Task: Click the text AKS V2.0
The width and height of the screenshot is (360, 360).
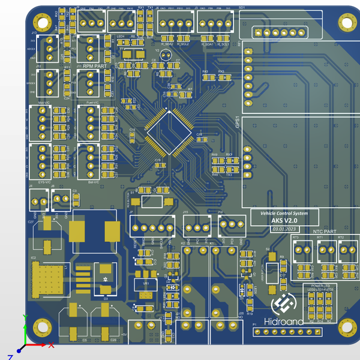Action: click(284, 221)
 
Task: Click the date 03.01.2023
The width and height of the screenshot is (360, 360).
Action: click(284, 229)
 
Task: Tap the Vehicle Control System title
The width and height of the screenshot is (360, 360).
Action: click(284, 214)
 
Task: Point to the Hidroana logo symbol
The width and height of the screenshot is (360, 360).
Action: click(283, 305)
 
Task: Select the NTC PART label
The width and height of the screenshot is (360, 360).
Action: click(325, 231)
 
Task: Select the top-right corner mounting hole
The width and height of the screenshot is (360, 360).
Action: click(346, 23)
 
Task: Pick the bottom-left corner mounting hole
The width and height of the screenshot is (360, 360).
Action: click(41, 328)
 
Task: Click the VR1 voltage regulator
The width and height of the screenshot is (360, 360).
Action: click(145, 284)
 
